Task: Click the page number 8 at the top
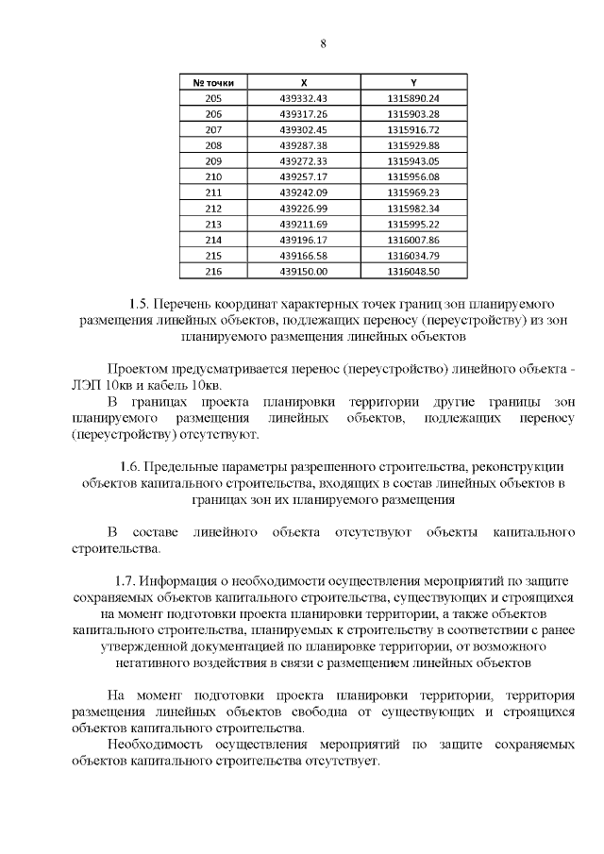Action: pyautogui.click(x=323, y=44)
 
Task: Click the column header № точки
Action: pyautogui.click(x=213, y=83)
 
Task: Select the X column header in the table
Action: pyautogui.click(x=303, y=83)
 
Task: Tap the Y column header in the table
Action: pyautogui.click(x=413, y=83)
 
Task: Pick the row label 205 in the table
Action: pyautogui.click(x=213, y=98)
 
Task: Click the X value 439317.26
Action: pyautogui.click(x=303, y=114)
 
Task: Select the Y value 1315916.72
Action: pyautogui.click(x=413, y=129)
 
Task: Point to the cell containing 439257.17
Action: pyautogui.click(x=303, y=176)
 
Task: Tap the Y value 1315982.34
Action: pyautogui.click(x=413, y=208)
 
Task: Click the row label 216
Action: pyautogui.click(x=213, y=271)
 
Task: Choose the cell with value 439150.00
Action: pyautogui.click(x=303, y=271)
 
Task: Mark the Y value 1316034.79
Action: pyautogui.click(x=413, y=255)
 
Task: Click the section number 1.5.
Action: pyautogui.click(x=140, y=304)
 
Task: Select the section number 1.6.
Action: pyautogui.click(x=133, y=466)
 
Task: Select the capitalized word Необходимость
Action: pyautogui.click(x=156, y=745)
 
